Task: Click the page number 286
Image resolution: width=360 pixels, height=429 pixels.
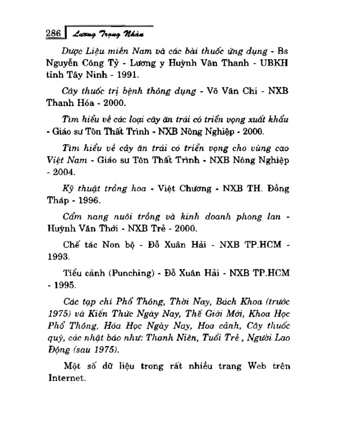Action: (54, 33)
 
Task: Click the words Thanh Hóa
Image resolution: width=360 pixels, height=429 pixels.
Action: (69, 103)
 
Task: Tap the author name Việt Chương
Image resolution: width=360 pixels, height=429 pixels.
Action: (184, 188)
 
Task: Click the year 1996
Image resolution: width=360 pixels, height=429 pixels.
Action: (89, 200)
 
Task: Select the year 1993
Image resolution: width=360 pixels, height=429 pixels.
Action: (58, 257)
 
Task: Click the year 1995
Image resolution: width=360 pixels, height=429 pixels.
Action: (64, 285)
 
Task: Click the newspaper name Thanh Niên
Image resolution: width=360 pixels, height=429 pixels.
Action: (172, 338)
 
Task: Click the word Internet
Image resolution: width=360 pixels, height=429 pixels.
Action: (67, 378)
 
